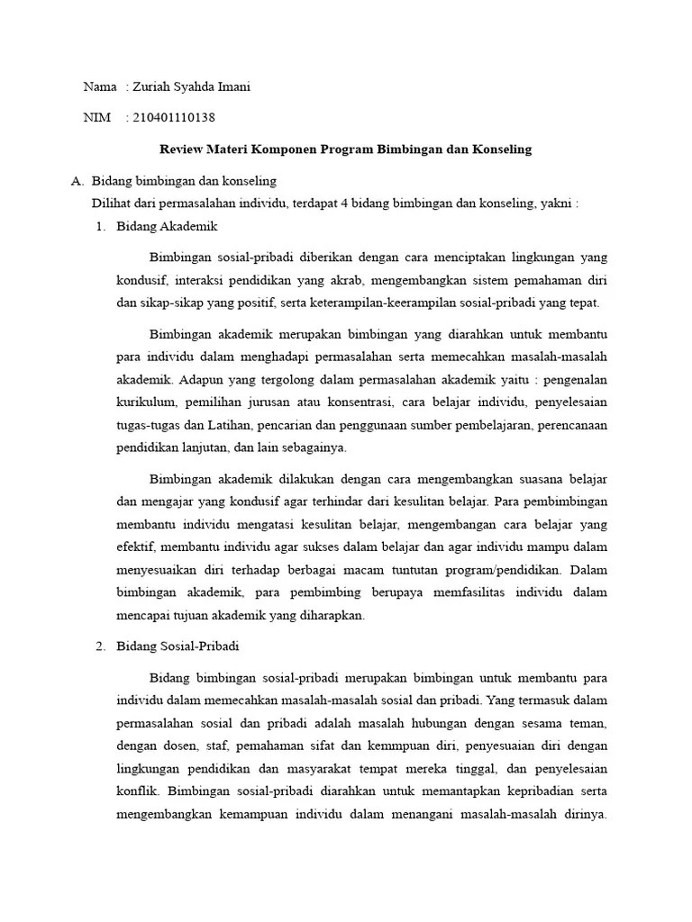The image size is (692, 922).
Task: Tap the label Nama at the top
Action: pyautogui.click(x=100, y=87)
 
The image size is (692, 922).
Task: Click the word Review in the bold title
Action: pyautogui.click(x=180, y=149)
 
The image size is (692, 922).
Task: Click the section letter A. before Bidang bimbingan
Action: pyautogui.click(x=77, y=181)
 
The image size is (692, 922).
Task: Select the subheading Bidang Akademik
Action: pyautogui.click(x=168, y=226)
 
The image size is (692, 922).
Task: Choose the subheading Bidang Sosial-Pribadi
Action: pyautogui.click(x=178, y=646)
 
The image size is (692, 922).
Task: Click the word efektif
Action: pyautogui.click(x=136, y=546)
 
